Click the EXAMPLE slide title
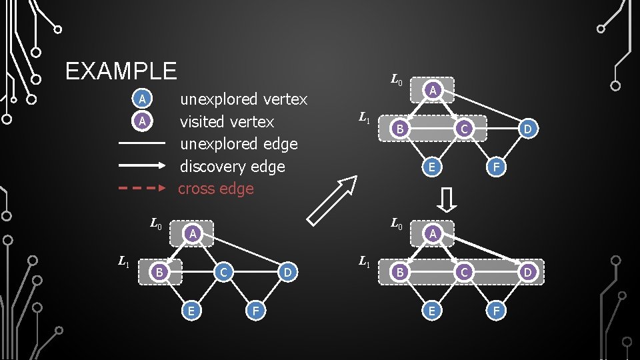[x=121, y=71]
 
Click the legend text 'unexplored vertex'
[x=244, y=99]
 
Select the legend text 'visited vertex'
[x=227, y=122]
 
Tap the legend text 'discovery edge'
[x=232, y=167]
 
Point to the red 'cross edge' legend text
[x=216, y=189]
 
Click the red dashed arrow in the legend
[x=141, y=189]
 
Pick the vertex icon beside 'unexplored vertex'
[x=141, y=100]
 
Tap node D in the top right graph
[x=527, y=129]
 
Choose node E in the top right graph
[x=432, y=167]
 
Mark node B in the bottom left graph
[x=159, y=272]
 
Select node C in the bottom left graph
[x=225, y=272]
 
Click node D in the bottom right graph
[x=527, y=272]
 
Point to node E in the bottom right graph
[x=432, y=310]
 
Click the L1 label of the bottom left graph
[x=124, y=262]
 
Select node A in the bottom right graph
[x=433, y=233]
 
